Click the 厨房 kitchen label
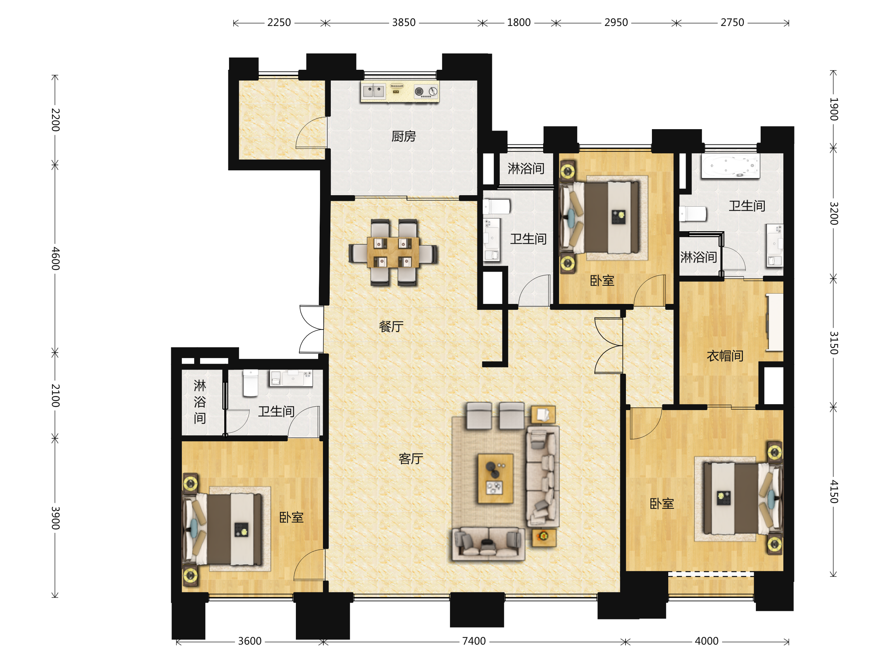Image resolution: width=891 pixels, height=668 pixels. [x=404, y=137]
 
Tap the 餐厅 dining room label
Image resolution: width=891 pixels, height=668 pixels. [x=391, y=326]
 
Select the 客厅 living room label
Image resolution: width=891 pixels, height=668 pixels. [x=411, y=458]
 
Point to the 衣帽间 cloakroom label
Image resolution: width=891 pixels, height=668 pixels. [x=725, y=356]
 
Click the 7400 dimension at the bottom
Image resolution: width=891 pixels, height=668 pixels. [x=474, y=641]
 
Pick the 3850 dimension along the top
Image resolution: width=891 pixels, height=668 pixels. [x=404, y=23]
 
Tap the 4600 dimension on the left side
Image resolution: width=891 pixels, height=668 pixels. [x=56, y=259]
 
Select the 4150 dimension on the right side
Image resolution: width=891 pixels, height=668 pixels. [x=834, y=492]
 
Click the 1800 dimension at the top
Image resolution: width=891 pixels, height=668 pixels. [x=519, y=23]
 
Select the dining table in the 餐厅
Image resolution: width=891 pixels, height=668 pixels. [x=393, y=252]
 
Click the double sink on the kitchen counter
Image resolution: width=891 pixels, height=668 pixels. [x=373, y=91]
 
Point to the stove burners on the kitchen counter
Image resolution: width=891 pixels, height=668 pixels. [x=426, y=92]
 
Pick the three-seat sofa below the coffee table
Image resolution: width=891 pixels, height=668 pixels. [x=489, y=544]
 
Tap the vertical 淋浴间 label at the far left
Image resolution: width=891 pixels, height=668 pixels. [x=200, y=402]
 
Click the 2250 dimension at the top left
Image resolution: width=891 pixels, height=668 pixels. [x=279, y=23]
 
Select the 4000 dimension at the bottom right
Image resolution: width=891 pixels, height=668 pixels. [x=707, y=641]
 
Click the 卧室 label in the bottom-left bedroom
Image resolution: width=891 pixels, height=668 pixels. [x=291, y=517]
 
